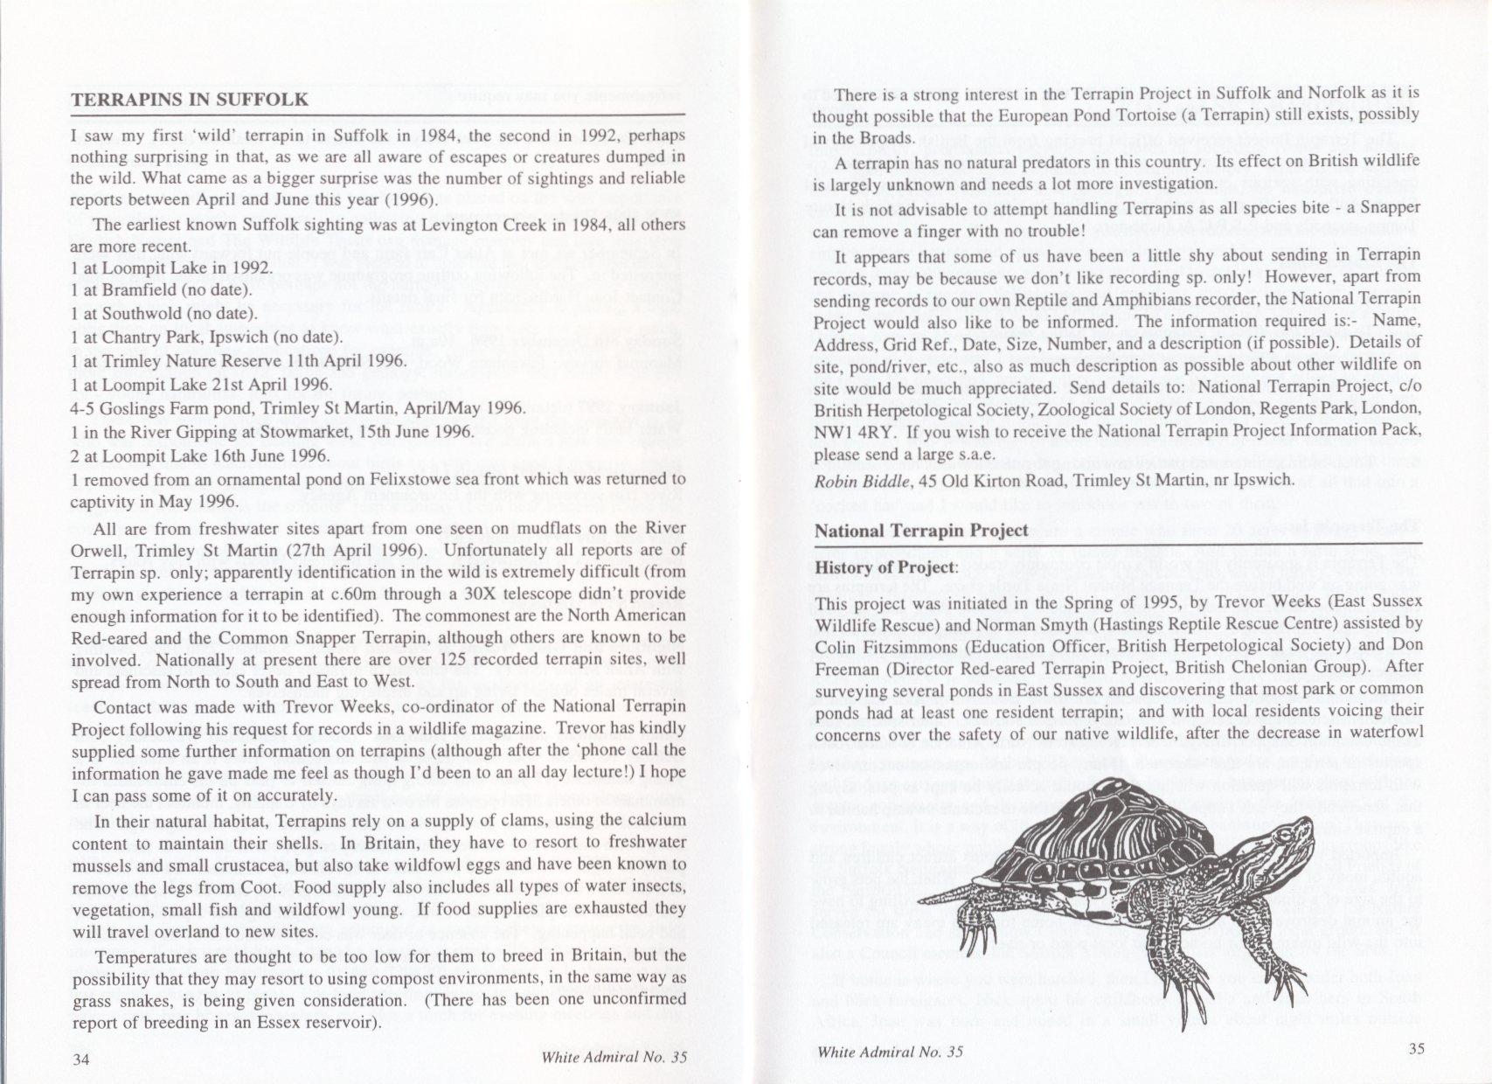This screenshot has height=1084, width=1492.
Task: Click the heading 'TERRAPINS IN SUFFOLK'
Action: [x=190, y=99]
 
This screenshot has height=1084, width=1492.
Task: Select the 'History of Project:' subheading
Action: [x=885, y=567]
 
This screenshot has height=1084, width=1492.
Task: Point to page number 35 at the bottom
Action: [x=1418, y=1050]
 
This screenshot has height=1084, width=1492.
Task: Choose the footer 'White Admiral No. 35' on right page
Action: [x=890, y=1052]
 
